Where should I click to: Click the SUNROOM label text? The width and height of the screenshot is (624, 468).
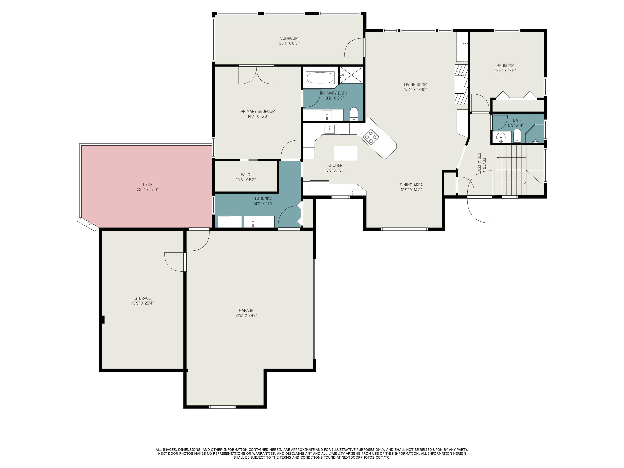[289, 38]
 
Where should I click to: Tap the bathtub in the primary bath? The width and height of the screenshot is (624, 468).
[320, 78]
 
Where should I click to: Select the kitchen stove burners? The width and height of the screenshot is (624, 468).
[371, 137]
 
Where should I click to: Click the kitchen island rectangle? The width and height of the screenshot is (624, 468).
[345, 153]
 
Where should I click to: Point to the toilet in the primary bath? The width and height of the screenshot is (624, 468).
[354, 114]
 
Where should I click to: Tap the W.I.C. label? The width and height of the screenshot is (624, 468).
[246, 175]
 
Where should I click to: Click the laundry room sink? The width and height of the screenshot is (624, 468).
[253, 222]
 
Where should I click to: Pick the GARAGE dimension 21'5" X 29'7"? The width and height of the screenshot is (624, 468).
[246, 315]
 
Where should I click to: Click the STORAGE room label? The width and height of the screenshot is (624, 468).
[142, 298]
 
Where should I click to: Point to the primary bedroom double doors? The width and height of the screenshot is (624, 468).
[256, 75]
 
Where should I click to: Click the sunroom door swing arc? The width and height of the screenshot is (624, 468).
[354, 48]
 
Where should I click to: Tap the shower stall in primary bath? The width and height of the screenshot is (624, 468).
[351, 75]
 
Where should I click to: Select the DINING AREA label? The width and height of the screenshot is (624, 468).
[411, 185]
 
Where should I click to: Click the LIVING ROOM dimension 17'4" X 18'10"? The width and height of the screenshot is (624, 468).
[415, 90]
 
